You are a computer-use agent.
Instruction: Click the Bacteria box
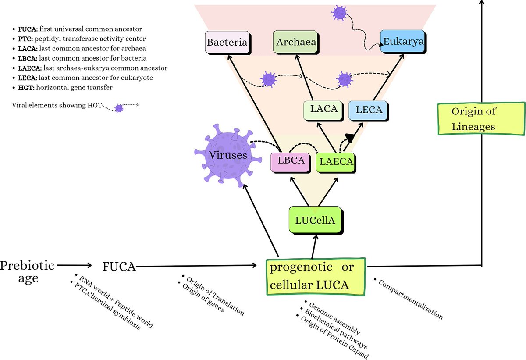point(227,43)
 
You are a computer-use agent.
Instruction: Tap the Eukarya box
point(402,42)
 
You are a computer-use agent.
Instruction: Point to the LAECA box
point(336,161)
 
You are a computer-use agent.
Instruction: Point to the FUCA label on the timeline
point(119,266)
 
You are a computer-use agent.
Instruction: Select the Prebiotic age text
point(27,271)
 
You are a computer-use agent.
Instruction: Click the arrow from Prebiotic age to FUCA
point(73,265)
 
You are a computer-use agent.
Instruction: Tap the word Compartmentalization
point(409,298)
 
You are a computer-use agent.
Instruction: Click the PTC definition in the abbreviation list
point(83,39)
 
